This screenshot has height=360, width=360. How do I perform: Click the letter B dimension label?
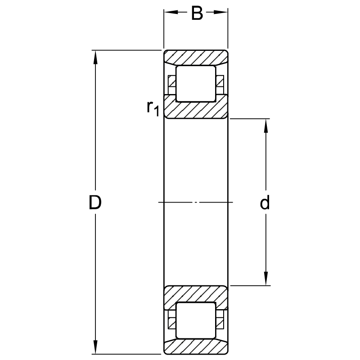click(x=197, y=13)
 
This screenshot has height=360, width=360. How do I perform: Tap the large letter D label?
click(x=95, y=202)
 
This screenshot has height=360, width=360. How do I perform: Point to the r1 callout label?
click(x=153, y=108)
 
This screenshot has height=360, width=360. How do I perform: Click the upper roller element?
click(x=196, y=84)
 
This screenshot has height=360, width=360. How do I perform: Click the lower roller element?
click(x=196, y=320)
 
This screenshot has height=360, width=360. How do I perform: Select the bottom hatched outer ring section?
click(x=196, y=346)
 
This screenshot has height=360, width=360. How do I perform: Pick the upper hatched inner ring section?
click(x=196, y=107)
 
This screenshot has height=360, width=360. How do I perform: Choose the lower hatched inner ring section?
click(x=196, y=298)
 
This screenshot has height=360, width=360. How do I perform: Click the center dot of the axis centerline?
click(x=196, y=202)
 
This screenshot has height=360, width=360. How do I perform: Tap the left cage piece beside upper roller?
click(x=172, y=85)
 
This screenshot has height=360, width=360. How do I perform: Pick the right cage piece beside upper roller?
click(x=220, y=85)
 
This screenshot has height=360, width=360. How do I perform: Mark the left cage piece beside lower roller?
click(x=172, y=319)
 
